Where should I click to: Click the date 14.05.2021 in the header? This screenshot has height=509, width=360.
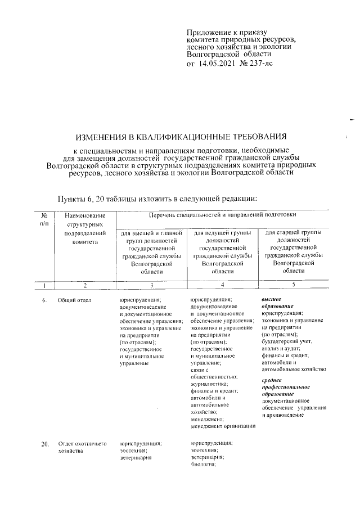point(217,64)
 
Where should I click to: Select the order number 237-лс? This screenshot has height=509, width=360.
point(254,64)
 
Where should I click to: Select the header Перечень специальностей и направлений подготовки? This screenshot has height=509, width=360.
point(222,215)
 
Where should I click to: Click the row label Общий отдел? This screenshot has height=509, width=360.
point(74,300)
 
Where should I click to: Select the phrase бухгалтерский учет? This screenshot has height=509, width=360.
point(287,341)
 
